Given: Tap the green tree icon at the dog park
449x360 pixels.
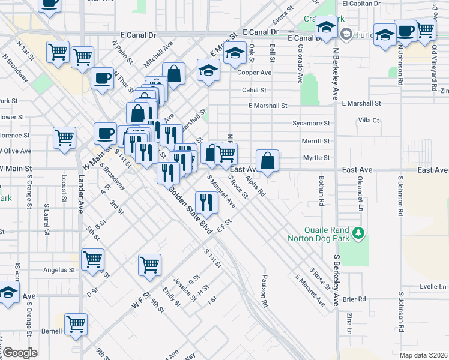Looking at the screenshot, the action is coord(359,232).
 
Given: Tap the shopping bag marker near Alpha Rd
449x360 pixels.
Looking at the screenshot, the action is coord(267,161).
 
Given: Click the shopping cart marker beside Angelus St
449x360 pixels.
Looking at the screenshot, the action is coord(93,260).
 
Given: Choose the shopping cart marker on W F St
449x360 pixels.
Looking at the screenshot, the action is coord(149,264).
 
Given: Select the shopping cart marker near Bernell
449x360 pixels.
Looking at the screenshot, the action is coord(76,325).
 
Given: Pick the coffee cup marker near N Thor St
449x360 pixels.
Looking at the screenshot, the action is coord(102,79).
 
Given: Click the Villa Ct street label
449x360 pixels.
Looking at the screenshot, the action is coord(368,120).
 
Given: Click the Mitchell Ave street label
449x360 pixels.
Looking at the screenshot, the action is coord(158,55).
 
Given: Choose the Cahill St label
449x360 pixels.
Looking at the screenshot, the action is coord(255,90).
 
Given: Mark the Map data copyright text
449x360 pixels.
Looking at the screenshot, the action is coord(420,355).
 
